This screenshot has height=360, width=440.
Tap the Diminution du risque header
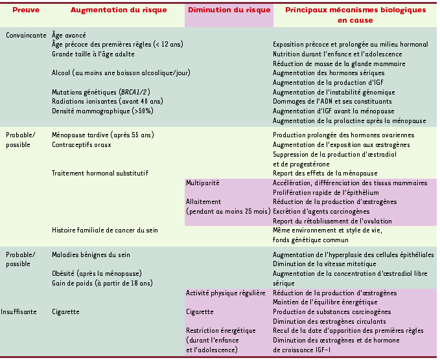pyautogui.click(x=229, y=10)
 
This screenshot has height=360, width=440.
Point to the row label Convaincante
pyautogui.click(x=25, y=34)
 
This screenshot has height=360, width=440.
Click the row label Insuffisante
pyautogui.click(x=25, y=311)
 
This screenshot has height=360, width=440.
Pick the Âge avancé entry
pyautogui.click(x=69, y=34)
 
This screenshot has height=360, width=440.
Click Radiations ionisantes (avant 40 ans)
pyautogui.click(x=104, y=102)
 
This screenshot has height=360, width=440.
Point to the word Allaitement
pyautogui.click(x=203, y=202)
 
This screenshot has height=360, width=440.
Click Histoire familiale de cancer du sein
pyautogui.click(x=105, y=231)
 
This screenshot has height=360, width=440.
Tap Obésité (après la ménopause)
pyautogui.click(x=97, y=273)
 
